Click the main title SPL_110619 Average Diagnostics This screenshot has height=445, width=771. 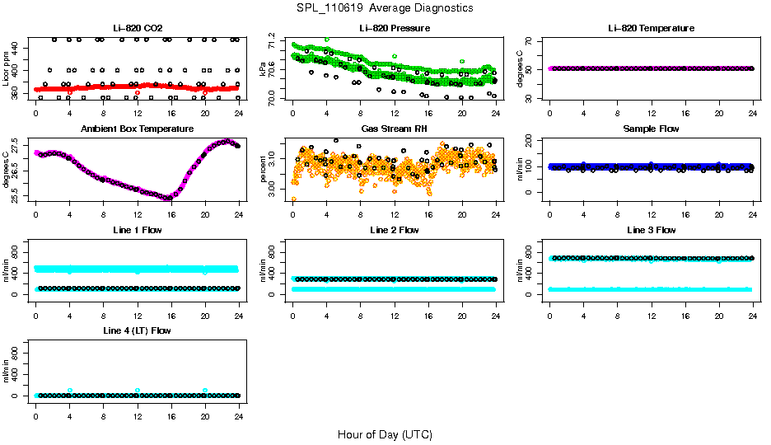(385, 7)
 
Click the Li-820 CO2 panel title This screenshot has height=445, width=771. (137, 28)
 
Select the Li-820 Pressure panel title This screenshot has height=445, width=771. (394, 28)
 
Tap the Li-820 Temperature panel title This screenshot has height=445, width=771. (651, 28)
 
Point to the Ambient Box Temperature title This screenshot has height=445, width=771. (137, 129)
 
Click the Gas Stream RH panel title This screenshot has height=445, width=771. (394, 129)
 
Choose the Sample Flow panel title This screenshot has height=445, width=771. (651, 129)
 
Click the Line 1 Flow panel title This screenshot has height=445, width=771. (137, 230)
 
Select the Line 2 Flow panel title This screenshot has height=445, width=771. (394, 230)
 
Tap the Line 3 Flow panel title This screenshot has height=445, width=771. (651, 230)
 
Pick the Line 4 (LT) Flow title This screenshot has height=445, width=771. (137, 330)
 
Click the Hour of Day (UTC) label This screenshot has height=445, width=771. (385, 433)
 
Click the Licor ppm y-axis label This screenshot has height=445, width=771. (7, 69)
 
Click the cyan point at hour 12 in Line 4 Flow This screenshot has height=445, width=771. (138, 390)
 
